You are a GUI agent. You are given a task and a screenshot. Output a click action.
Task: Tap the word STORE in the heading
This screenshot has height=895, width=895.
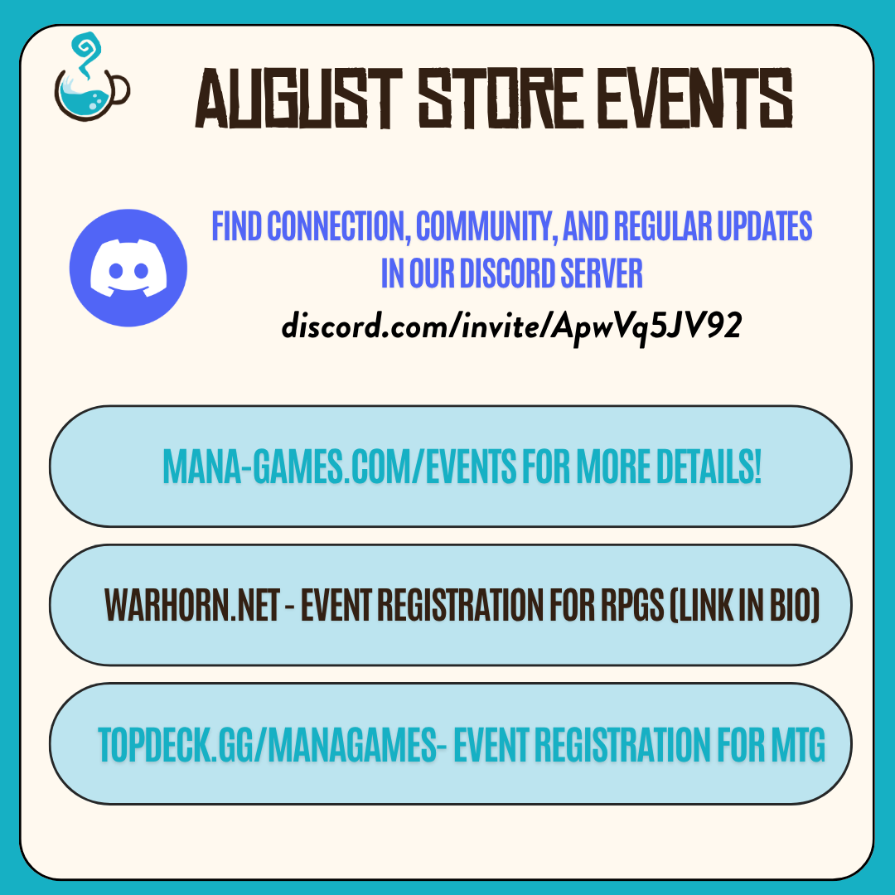501,98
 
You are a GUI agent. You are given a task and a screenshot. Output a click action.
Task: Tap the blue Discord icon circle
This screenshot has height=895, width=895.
128,268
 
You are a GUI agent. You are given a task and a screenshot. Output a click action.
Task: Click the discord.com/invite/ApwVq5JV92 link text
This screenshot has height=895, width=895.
511,327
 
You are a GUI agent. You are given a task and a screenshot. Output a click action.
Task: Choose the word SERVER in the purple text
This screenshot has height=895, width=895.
602,273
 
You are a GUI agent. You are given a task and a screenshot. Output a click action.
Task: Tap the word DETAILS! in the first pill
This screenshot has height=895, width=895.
709,466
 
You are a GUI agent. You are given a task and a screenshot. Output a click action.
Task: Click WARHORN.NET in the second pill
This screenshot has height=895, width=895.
191,604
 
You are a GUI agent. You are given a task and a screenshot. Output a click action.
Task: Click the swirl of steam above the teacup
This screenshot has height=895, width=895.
87,54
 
